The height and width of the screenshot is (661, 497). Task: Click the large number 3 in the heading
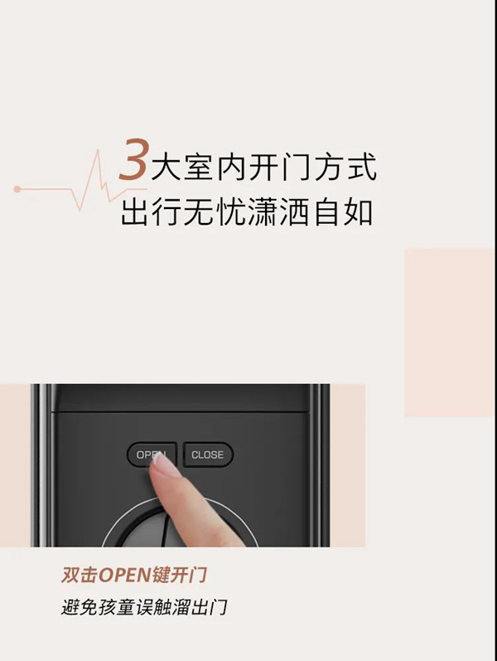coord(133,160)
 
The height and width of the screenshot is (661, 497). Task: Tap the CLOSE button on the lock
coord(208,454)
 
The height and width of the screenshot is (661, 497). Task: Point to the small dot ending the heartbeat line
coord(17,189)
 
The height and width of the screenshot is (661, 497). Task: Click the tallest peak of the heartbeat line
coord(98,153)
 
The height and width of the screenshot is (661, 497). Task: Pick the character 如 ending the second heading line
coord(358,211)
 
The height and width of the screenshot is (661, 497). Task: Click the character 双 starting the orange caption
coord(70,575)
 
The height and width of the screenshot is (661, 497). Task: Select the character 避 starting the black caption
coord(70,607)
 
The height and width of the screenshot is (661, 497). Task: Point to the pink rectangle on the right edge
coord(450,332)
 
